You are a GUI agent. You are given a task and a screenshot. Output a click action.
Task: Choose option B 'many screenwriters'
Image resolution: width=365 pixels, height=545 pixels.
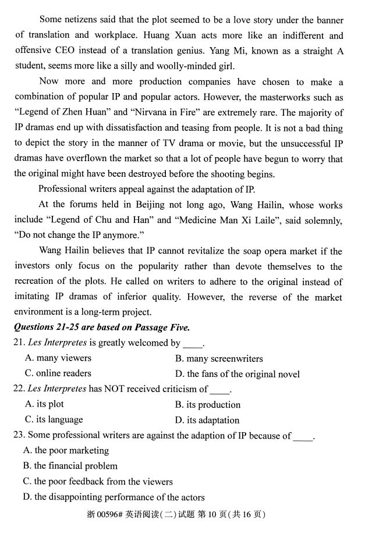coord(219,358)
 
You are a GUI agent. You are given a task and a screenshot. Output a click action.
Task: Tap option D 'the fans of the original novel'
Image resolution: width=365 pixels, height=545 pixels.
coord(238,374)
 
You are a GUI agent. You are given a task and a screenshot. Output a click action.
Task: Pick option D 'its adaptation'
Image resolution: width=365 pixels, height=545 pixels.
coord(207,420)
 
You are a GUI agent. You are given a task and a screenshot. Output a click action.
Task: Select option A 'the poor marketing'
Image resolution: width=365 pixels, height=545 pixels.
coord(66,450)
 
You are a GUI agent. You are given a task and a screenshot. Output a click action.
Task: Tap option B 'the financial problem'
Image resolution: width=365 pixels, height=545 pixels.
coord(70,466)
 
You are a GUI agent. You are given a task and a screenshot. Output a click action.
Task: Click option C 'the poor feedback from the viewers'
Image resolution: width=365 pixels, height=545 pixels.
coord(98,482)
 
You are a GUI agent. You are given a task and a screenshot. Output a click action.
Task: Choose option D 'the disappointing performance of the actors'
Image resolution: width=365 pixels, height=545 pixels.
coord(114,497)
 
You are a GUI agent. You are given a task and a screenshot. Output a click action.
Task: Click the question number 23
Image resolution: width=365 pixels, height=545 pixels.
coord(19,435)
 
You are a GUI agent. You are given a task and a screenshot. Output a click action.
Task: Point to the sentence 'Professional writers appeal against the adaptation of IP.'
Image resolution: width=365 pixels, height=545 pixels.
coord(147,189)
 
